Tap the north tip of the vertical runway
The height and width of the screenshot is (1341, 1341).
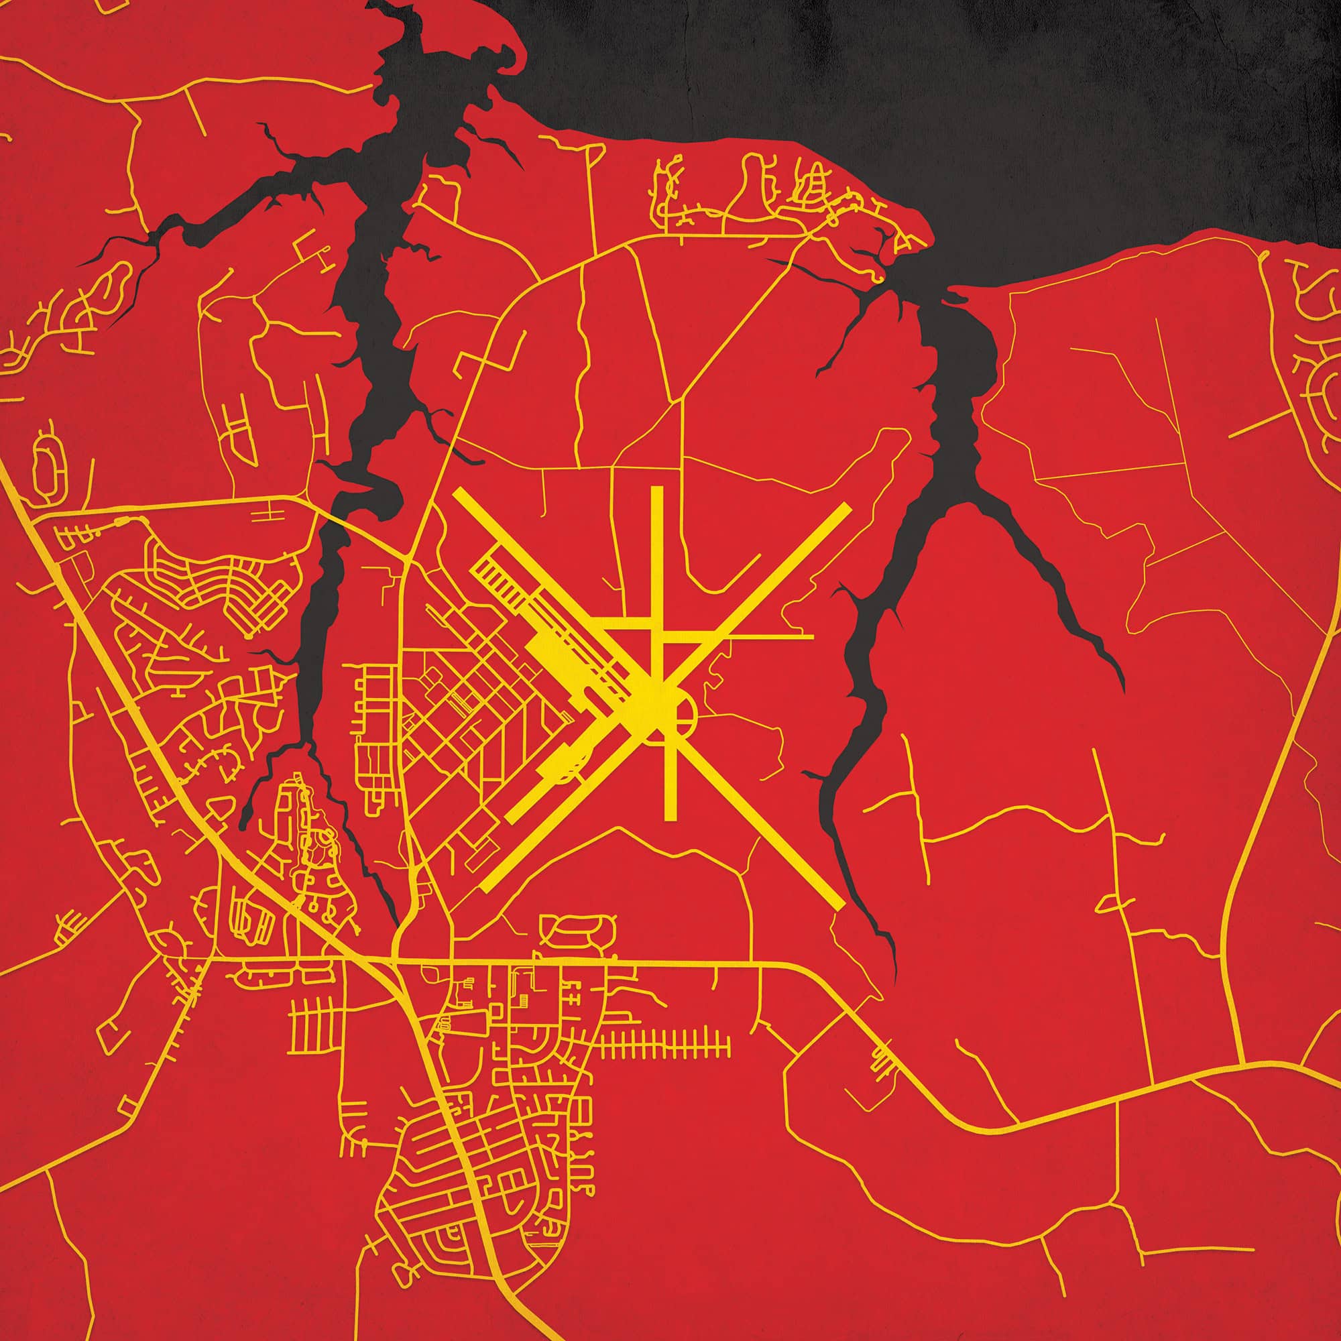coord(656,489)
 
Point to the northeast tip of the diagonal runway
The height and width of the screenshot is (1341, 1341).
coord(846,507)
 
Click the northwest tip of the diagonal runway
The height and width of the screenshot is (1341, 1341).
coord(457,494)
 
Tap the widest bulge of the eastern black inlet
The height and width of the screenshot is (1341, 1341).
coord(972,361)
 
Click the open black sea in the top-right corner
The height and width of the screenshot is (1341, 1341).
coord(1110,104)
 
